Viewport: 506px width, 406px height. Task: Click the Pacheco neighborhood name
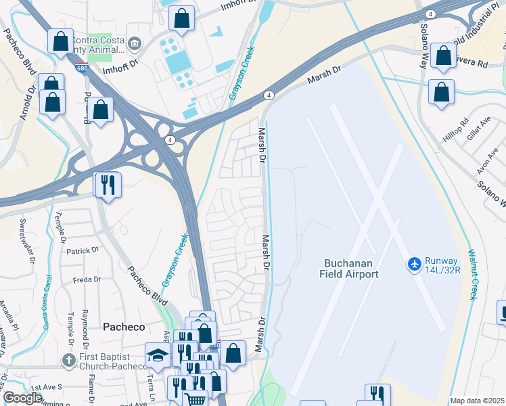pyautogui.click(x=124, y=327)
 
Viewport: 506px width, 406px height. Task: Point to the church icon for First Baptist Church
pyautogui.click(x=68, y=361)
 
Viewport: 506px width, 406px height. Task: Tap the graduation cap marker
pyautogui.click(x=158, y=355)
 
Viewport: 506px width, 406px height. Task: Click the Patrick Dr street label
pyautogui.click(x=83, y=251)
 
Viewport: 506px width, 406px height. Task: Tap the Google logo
pyautogui.click(x=23, y=398)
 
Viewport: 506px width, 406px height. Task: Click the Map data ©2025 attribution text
pyautogui.click(x=477, y=401)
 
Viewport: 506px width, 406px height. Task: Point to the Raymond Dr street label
pyautogui.click(x=85, y=323)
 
